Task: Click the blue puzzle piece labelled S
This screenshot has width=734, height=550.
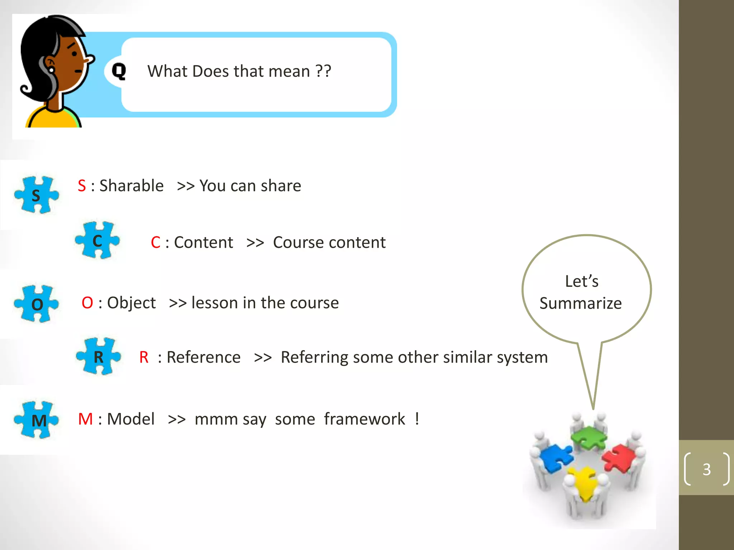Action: tap(36, 195)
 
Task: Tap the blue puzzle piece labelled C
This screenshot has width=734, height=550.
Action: tap(97, 240)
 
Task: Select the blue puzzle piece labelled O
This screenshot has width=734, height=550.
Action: tap(36, 304)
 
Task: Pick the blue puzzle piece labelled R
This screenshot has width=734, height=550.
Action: tap(98, 356)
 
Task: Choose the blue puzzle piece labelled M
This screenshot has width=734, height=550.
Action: tap(36, 420)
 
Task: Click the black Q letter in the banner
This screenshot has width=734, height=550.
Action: tap(119, 71)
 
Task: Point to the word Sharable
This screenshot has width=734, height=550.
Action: tap(131, 186)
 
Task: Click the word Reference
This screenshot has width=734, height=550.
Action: tap(203, 357)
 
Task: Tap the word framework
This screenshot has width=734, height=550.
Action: tap(364, 419)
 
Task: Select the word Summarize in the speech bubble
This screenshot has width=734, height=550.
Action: tap(580, 303)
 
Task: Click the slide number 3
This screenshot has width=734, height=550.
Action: tap(706, 469)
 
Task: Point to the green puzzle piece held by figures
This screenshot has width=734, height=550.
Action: tap(588, 438)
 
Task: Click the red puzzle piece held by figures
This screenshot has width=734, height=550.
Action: tap(618, 458)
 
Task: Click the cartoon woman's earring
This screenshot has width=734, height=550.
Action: tap(52, 69)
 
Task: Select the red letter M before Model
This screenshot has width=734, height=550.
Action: tap(85, 419)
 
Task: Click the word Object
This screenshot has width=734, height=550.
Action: tap(131, 303)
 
